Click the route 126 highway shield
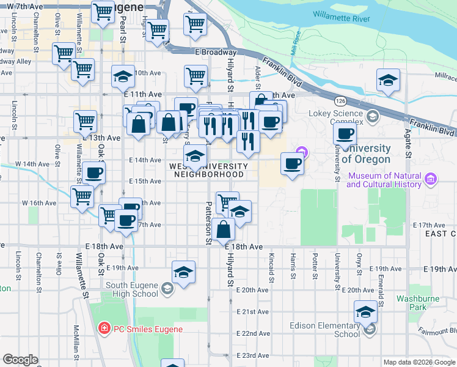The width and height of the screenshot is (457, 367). [340, 100]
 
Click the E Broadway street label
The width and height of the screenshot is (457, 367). [216, 53]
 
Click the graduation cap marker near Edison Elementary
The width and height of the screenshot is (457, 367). [365, 312]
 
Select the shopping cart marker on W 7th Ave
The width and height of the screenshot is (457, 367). [103, 12]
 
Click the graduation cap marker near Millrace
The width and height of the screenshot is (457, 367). [388, 81]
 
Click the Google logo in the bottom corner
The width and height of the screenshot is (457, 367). [20, 360]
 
